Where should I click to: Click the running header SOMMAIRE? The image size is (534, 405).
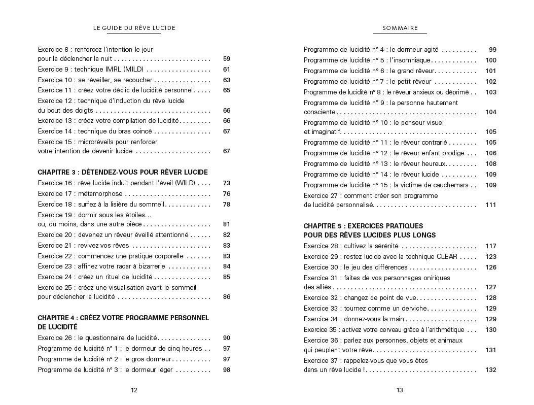(400, 28)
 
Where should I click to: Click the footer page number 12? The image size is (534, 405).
(134, 390)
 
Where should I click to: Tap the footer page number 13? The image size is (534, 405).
(400, 390)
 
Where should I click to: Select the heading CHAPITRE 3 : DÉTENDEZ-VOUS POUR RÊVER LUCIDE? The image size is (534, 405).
(123, 173)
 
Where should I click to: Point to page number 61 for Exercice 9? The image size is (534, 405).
(226, 70)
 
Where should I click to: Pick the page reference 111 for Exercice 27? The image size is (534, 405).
(490, 205)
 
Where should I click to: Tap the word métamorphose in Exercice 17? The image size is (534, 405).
(100, 194)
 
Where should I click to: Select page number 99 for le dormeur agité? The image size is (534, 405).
(492, 50)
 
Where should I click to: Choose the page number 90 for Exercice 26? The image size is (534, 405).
(226, 338)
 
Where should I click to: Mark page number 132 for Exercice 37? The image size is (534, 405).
(490, 370)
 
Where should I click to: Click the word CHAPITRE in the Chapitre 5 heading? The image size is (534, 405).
(319, 226)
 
